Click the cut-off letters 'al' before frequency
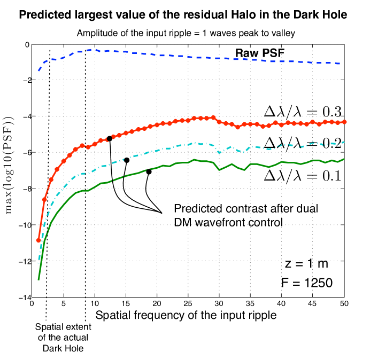tap(129, 315)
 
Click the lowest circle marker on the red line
tap(38, 240)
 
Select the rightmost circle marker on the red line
tap(345, 122)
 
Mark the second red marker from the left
tap(44, 200)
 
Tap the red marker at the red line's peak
tap(213, 117)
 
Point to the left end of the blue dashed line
tap(38, 71)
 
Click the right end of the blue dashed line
tap(341, 64)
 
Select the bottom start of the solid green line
tap(38, 279)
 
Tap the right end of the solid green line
tap(344, 159)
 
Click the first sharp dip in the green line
tap(220, 170)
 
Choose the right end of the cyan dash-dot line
tap(344, 142)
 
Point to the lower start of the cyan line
tap(38, 263)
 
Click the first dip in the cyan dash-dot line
tap(220, 152)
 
